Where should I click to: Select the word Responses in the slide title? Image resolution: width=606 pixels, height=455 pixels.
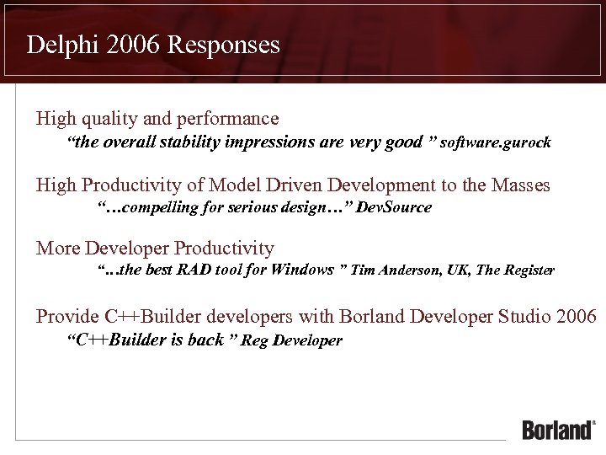[223, 45]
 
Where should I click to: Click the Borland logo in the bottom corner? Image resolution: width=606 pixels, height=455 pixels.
[557, 429]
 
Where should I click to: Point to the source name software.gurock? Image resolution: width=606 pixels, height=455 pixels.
[497, 142]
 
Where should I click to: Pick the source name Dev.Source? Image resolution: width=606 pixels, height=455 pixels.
[394, 207]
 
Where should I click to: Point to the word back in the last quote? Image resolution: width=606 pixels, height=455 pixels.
[207, 340]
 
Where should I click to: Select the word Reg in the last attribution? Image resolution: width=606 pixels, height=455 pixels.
[253, 341]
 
